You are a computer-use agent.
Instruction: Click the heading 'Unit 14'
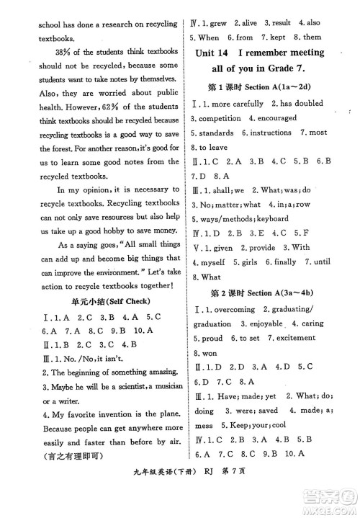(x=220, y=53)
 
